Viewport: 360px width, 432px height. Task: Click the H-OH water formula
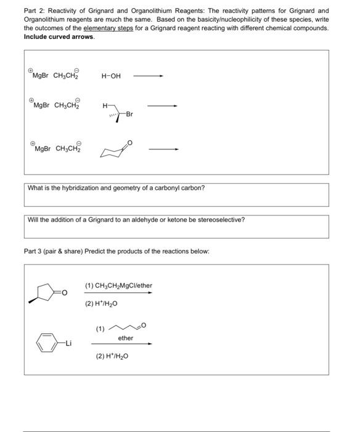coord(111,77)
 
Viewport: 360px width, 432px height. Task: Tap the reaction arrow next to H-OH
coord(148,77)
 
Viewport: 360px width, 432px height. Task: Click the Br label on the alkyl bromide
coord(129,114)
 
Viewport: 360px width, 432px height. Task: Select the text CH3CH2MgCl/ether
coord(118,285)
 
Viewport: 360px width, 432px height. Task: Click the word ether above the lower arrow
coord(126,338)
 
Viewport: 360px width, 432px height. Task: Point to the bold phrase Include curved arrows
coord(59,37)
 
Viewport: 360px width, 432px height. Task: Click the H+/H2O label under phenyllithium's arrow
coord(112,356)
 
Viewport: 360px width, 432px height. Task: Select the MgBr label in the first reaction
coord(41,77)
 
